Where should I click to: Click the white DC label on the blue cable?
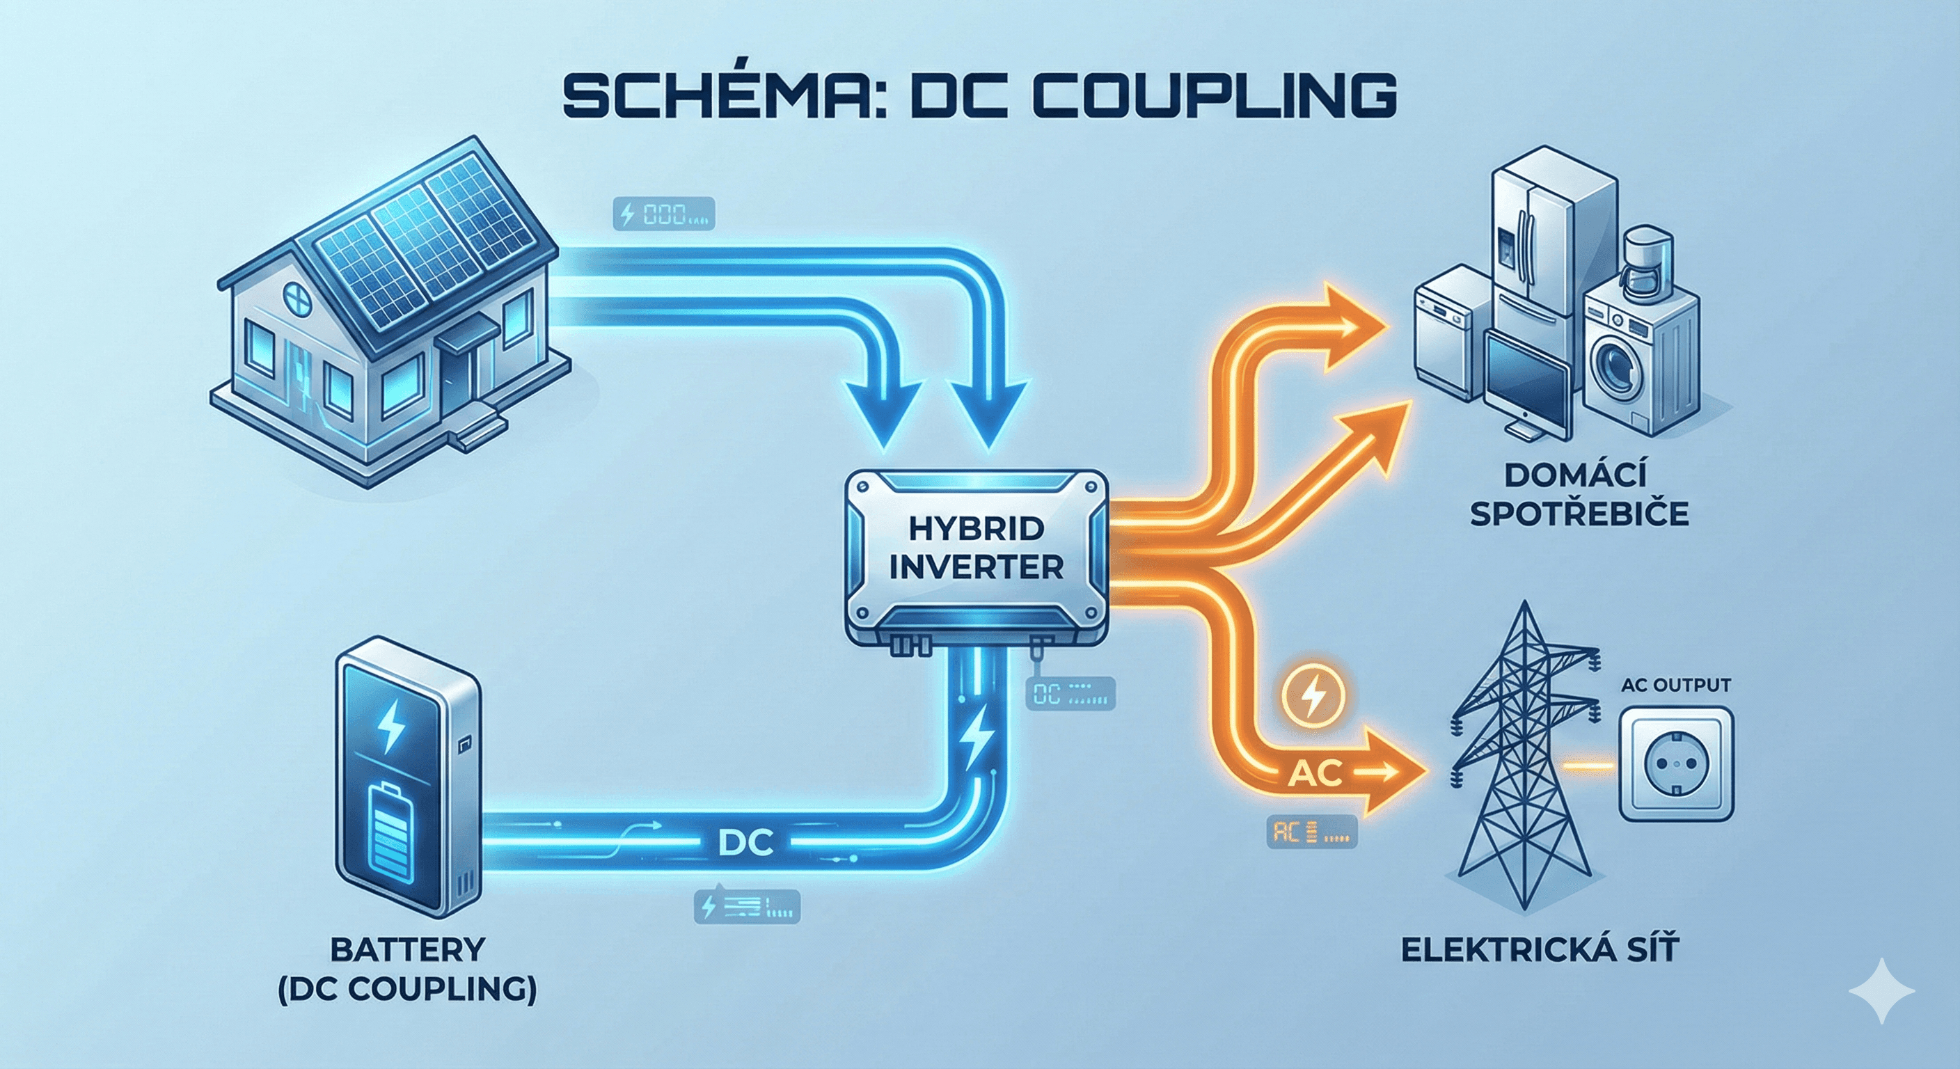click(x=745, y=843)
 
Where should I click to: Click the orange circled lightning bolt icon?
click(x=1314, y=695)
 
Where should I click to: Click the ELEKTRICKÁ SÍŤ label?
click(x=1539, y=949)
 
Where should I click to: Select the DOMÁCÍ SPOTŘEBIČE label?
click(x=1579, y=496)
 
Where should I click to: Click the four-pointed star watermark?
click(x=1881, y=990)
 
